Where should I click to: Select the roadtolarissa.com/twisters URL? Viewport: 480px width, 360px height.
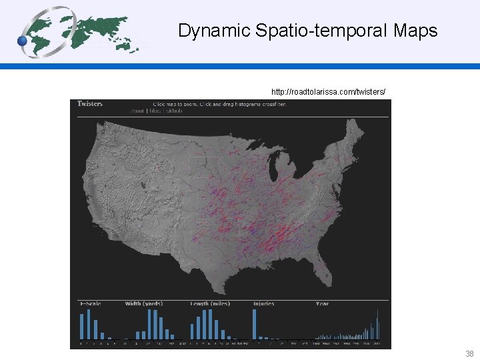coord(328,91)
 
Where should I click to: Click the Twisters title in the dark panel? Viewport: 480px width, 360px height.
coord(90,103)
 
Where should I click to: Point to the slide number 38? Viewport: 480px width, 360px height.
coord(469,354)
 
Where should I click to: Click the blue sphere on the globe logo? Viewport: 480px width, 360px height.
coord(23,41)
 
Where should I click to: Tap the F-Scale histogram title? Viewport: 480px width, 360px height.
coord(90,304)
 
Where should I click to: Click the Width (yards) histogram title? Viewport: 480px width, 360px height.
coord(143,304)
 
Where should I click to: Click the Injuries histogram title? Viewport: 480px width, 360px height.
coord(264,304)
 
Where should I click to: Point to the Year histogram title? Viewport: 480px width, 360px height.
coord(322,304)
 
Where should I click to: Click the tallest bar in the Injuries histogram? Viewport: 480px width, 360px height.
coord(255,324)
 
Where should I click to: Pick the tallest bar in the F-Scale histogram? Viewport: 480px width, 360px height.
coord(89,325)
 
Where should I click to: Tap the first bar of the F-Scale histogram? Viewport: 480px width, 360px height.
coord(82,327)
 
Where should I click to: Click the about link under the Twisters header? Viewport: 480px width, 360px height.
coord(138,111)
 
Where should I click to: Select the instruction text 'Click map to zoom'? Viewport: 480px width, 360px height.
coord(175,104)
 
